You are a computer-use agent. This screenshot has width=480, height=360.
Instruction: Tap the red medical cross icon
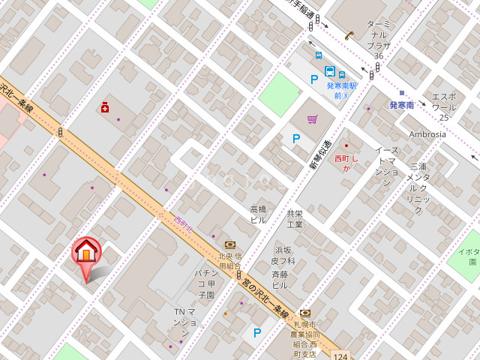coord(104,108)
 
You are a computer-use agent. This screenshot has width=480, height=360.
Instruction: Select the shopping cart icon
coord(312,118)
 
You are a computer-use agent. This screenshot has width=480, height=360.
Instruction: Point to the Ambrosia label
coord(427,134)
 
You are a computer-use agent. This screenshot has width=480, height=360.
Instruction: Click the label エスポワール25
coord(443,107)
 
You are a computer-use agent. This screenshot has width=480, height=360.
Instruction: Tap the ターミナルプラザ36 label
coord(379,40)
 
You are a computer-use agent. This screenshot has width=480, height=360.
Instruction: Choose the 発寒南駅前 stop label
coord(341,90)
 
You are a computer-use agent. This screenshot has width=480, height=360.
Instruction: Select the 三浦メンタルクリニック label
coord(418,187)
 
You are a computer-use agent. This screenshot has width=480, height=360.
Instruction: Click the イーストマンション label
coord(386,166)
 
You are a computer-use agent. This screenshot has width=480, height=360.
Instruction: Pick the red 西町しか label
coord(347,163)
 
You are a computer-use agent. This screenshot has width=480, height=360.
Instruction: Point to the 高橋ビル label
coord(258,214)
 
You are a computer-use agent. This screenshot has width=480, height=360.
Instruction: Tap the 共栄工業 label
coord(295,219)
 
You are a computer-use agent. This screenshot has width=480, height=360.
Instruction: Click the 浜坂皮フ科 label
coord(283,255)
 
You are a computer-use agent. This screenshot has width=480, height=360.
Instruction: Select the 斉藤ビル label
coord(280,280)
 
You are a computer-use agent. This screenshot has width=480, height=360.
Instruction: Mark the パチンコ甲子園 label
coord(205,283)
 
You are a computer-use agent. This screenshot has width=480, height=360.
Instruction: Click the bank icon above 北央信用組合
coord(229,244)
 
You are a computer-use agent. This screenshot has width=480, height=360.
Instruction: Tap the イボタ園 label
coord(469,256)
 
